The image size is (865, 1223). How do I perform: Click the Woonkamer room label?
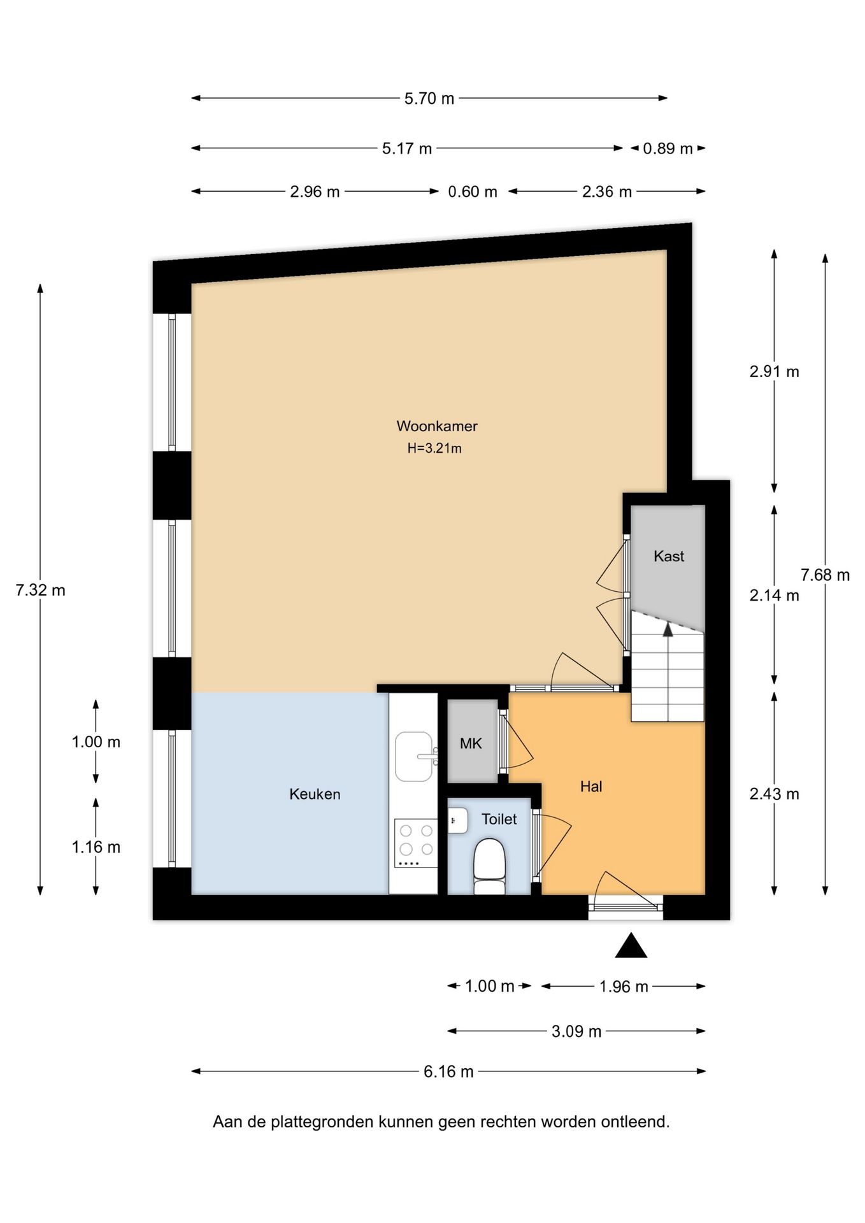coord(437,426)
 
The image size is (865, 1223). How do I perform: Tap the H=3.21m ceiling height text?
coord(434,448)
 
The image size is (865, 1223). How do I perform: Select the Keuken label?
coord(315,794)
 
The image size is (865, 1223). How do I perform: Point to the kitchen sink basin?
coord(413,756)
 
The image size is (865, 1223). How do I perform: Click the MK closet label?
coord(471,743)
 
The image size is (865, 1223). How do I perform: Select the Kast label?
coord(669,556)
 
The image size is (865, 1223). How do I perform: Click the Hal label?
coord(591,787)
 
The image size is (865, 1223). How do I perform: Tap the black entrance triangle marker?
coord(631,947)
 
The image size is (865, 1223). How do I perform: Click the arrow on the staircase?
coord(668,631)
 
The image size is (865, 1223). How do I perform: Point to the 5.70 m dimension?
coord(429,99)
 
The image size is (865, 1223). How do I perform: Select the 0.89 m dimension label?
coord(668,149)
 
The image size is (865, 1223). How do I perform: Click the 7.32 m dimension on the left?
coord(40,590)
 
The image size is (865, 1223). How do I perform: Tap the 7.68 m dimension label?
coord(825,575)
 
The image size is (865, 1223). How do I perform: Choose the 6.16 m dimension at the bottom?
coord(448,1072)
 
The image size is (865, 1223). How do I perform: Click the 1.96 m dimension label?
coord(624,987)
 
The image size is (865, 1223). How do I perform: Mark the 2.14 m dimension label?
coord(774,596)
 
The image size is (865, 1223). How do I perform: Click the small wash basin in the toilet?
coord(457,820)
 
